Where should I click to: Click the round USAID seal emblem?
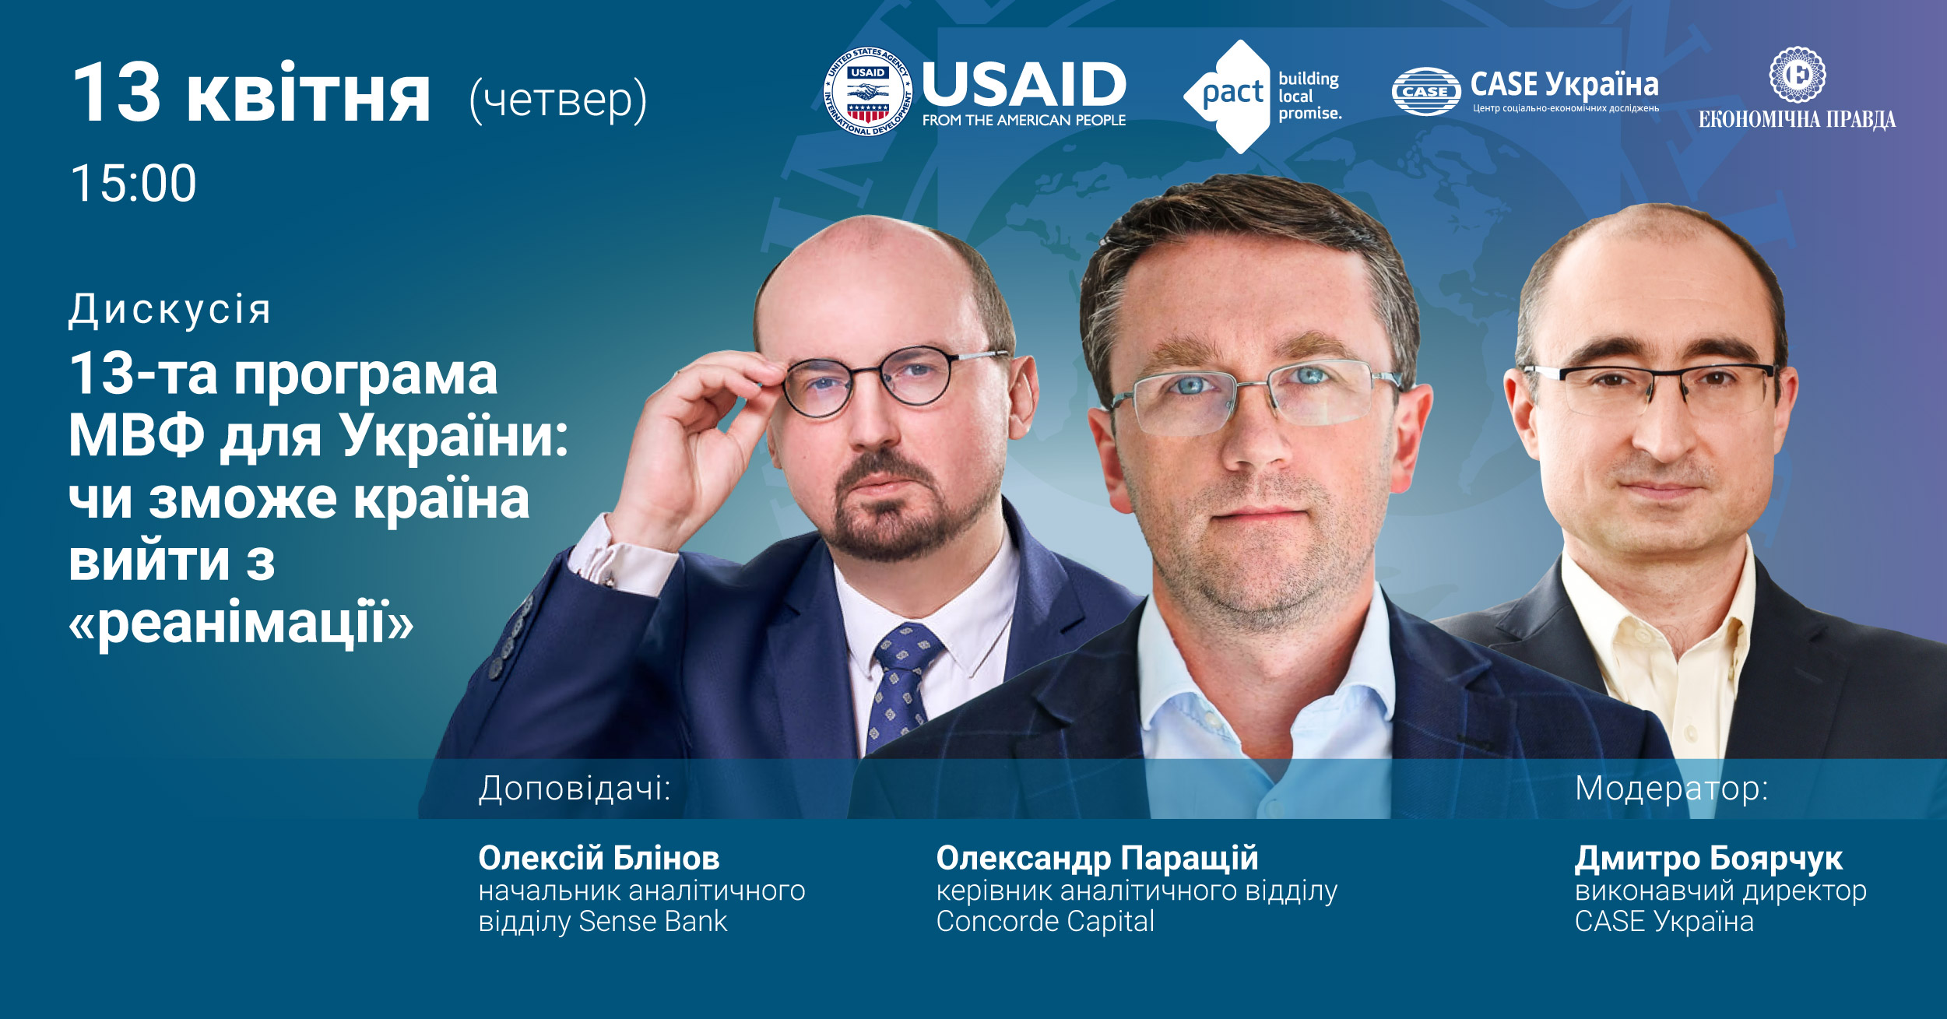point(867,92)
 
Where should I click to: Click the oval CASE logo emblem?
point(1425,92)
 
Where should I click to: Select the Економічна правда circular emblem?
point(1797,75)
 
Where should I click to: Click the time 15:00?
point(134,184)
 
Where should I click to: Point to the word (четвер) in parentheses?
point(558,100)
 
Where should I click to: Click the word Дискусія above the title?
point(170,310)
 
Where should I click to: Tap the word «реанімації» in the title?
point(241,623)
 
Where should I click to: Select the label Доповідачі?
point(575,789)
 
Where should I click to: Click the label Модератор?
point(1671,789)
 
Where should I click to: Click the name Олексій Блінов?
point(599,858)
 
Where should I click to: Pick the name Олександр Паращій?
point(1097,858)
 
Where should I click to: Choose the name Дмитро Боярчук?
point(1708,859)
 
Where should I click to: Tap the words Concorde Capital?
point(1045,922)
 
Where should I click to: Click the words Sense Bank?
point(652,922)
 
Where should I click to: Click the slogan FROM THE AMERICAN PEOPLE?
point(1024,121)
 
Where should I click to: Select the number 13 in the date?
point(116,93)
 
